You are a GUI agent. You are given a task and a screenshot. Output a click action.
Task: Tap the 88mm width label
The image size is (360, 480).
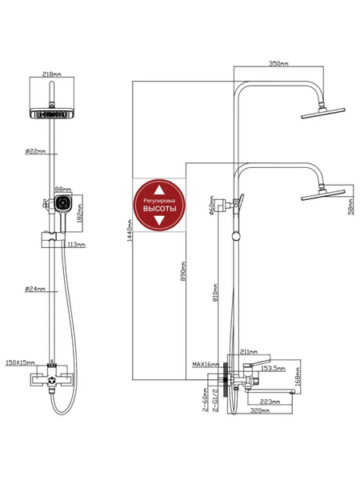(62, 190)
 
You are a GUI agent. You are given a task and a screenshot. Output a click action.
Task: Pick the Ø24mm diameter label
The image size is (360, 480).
(35, 288)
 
